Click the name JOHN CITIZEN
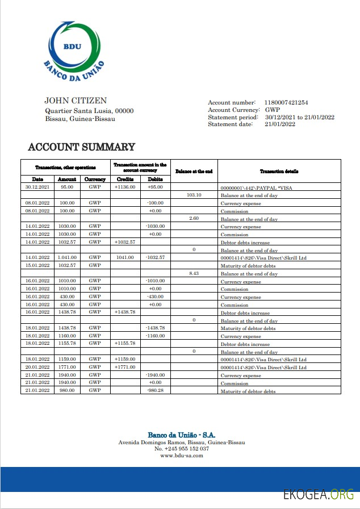[75, 101]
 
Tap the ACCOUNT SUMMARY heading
[81, 147]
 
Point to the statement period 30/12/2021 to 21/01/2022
[299, 117]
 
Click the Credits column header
[125, 179]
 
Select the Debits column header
[155, 179]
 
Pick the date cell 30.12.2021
[37, 186]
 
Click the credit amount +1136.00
[125, 186]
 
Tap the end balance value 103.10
[194, 194]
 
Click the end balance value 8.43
[194, 273]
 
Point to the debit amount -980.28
[155, 391]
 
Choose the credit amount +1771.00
[125, 367]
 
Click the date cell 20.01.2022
[37, 367]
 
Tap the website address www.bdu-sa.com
[181, 456]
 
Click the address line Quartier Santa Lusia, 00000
[89, 111]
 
